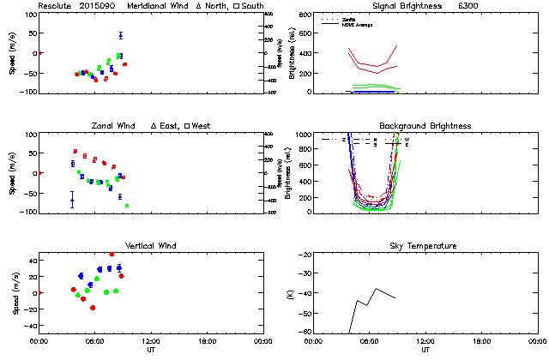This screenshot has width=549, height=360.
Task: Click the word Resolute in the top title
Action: [x=54, y=6]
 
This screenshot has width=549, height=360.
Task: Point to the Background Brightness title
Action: [x=425, y=126]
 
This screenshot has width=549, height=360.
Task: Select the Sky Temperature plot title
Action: [x=425, y=246]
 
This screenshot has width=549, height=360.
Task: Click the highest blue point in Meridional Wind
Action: [x=121, y=35]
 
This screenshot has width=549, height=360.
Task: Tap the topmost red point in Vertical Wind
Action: [x=112, y=254]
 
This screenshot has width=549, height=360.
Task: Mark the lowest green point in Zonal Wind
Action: [x=127, y=206]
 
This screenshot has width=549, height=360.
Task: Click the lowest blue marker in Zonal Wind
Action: [x=72, y=202]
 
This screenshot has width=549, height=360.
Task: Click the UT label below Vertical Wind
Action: [x=150, y=350]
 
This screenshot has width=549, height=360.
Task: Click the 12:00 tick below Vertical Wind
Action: [x=150, y=341]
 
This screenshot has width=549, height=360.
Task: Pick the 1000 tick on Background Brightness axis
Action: [x=305, y=135]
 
